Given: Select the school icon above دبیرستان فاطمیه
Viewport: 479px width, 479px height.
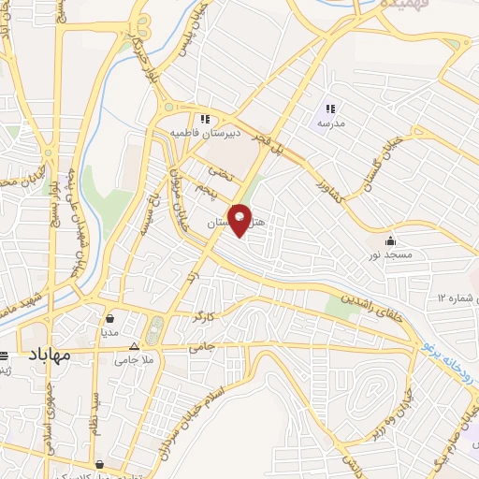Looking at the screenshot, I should pos(205,119).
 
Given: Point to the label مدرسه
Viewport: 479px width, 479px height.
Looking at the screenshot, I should pos(332,123).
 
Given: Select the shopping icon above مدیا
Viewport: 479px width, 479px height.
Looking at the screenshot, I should pos(110,316).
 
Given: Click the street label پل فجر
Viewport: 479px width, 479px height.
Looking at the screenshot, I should pos(282,138).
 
